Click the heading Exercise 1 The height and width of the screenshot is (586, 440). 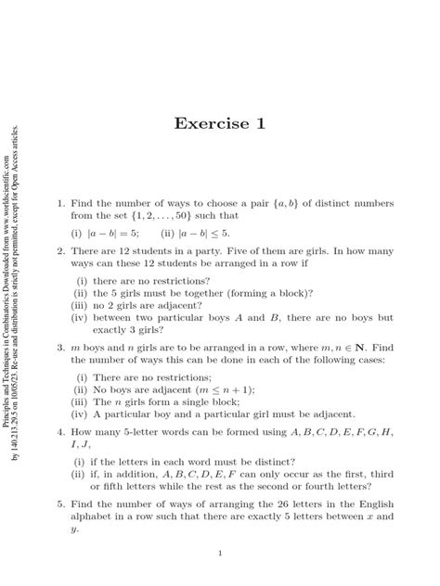(220, 124)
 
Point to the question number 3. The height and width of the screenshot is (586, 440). (59, 350)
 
